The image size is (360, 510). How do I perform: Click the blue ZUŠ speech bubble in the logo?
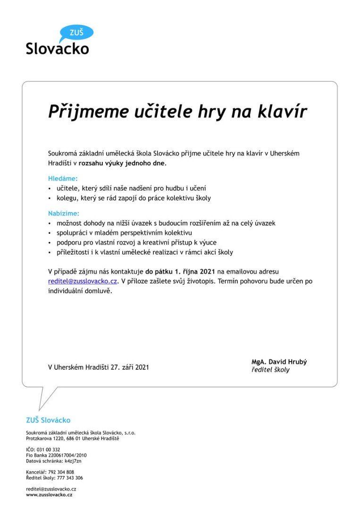click(76, 33)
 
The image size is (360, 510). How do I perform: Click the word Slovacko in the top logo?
click(57, 48)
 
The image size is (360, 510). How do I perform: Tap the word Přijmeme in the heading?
click(88, 112)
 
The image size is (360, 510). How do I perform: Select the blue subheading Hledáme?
click(63, 178)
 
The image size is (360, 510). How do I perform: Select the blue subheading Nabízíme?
click(64, 213)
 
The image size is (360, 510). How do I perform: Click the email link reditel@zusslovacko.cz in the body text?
click(82, 281)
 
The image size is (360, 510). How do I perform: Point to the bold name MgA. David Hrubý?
click(279, 362)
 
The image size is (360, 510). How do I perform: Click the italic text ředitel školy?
click(270, 370)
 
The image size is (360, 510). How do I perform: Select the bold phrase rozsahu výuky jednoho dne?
click(122, 163)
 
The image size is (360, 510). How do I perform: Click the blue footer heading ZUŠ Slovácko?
click(48, 420)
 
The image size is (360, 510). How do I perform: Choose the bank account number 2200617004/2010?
click(66, 455)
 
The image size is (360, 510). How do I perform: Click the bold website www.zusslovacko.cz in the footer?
click(49, 494)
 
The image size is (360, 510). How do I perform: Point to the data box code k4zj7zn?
click(73, 460)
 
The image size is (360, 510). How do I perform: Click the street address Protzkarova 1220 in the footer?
click(47, 438)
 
